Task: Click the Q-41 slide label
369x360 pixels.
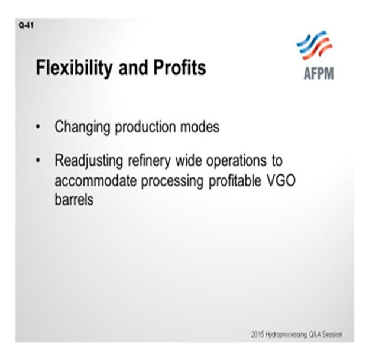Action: point(26,25)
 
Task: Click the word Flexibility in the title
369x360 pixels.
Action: point(74,68)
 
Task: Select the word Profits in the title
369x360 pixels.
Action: point(180,67)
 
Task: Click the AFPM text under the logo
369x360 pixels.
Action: point(319,74)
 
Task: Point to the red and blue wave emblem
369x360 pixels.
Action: point(314,45)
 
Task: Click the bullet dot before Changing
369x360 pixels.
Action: point(38,127)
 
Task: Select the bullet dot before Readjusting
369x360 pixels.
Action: point(38,161)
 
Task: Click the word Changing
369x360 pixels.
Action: point(82,127)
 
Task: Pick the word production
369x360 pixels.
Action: point(145,127)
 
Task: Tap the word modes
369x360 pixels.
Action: point(200,127)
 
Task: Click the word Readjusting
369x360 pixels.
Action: point(89,161)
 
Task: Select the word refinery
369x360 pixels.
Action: point(149,161)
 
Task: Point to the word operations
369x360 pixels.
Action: point(237,161)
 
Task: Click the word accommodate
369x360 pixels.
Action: point(96,181)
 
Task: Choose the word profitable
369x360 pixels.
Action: point(235,181)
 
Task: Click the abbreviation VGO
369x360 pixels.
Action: point(281,181)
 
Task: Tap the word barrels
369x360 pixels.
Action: point(74,199)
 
